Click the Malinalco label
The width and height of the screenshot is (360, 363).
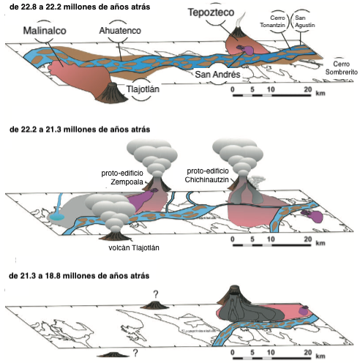(45, 31)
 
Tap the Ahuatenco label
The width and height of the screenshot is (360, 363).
(120, 31)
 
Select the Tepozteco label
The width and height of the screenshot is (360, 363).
(211, 12)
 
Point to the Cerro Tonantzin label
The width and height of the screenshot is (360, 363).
(273, 21)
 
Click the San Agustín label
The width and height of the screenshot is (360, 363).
(304, 21)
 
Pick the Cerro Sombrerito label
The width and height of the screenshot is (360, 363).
(342, 68)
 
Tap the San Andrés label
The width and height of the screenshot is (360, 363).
(217, 75)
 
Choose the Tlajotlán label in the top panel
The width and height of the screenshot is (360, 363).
(143, 89)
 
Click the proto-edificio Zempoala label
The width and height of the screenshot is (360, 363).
(122, 177)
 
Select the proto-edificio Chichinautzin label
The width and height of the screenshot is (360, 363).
(207, 176)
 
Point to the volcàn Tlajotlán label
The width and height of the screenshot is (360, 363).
(134, 248)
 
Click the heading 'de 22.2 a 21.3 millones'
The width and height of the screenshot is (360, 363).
(80, 130)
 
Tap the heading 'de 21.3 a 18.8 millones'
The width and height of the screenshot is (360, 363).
(79, 276)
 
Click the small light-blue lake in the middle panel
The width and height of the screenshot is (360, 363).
(56, 217)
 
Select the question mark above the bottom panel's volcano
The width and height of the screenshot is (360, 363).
(156, 294)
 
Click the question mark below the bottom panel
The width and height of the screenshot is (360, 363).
(135, 353)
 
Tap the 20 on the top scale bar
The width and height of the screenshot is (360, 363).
(308, 89)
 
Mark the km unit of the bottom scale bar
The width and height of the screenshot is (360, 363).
(320, 356)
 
